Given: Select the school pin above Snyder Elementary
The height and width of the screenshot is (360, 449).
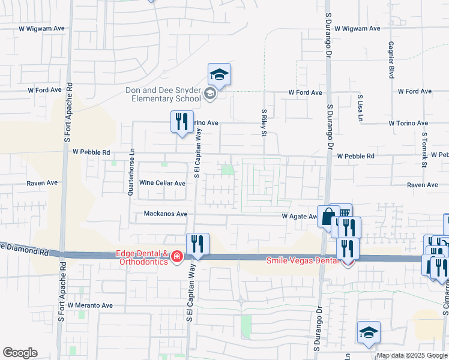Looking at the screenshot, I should [219, 75].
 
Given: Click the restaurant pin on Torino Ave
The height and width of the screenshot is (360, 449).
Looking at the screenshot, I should [181, 122].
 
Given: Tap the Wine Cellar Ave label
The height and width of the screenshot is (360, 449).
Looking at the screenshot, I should [162, 183].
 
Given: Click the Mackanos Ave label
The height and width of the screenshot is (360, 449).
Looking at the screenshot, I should [166, 214].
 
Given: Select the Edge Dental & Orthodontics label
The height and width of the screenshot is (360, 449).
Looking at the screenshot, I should [141, 257].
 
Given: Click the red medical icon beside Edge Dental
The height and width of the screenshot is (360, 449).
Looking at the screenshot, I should [177, 257].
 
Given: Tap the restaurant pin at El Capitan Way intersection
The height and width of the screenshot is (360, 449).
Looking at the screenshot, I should [197, 244].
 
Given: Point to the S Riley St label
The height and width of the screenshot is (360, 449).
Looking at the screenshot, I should [264, 122].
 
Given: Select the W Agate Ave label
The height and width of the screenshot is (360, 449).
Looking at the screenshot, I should [300, 216].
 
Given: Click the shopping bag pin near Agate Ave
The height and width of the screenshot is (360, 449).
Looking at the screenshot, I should [328, 217].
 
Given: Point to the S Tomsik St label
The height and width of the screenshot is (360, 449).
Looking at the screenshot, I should [424, 149].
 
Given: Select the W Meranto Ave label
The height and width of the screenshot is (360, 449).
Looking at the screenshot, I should [90, 305].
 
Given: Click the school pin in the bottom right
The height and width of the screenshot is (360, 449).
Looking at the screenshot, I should [369, 333].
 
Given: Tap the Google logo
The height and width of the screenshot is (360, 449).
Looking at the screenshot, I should [20, 353].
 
